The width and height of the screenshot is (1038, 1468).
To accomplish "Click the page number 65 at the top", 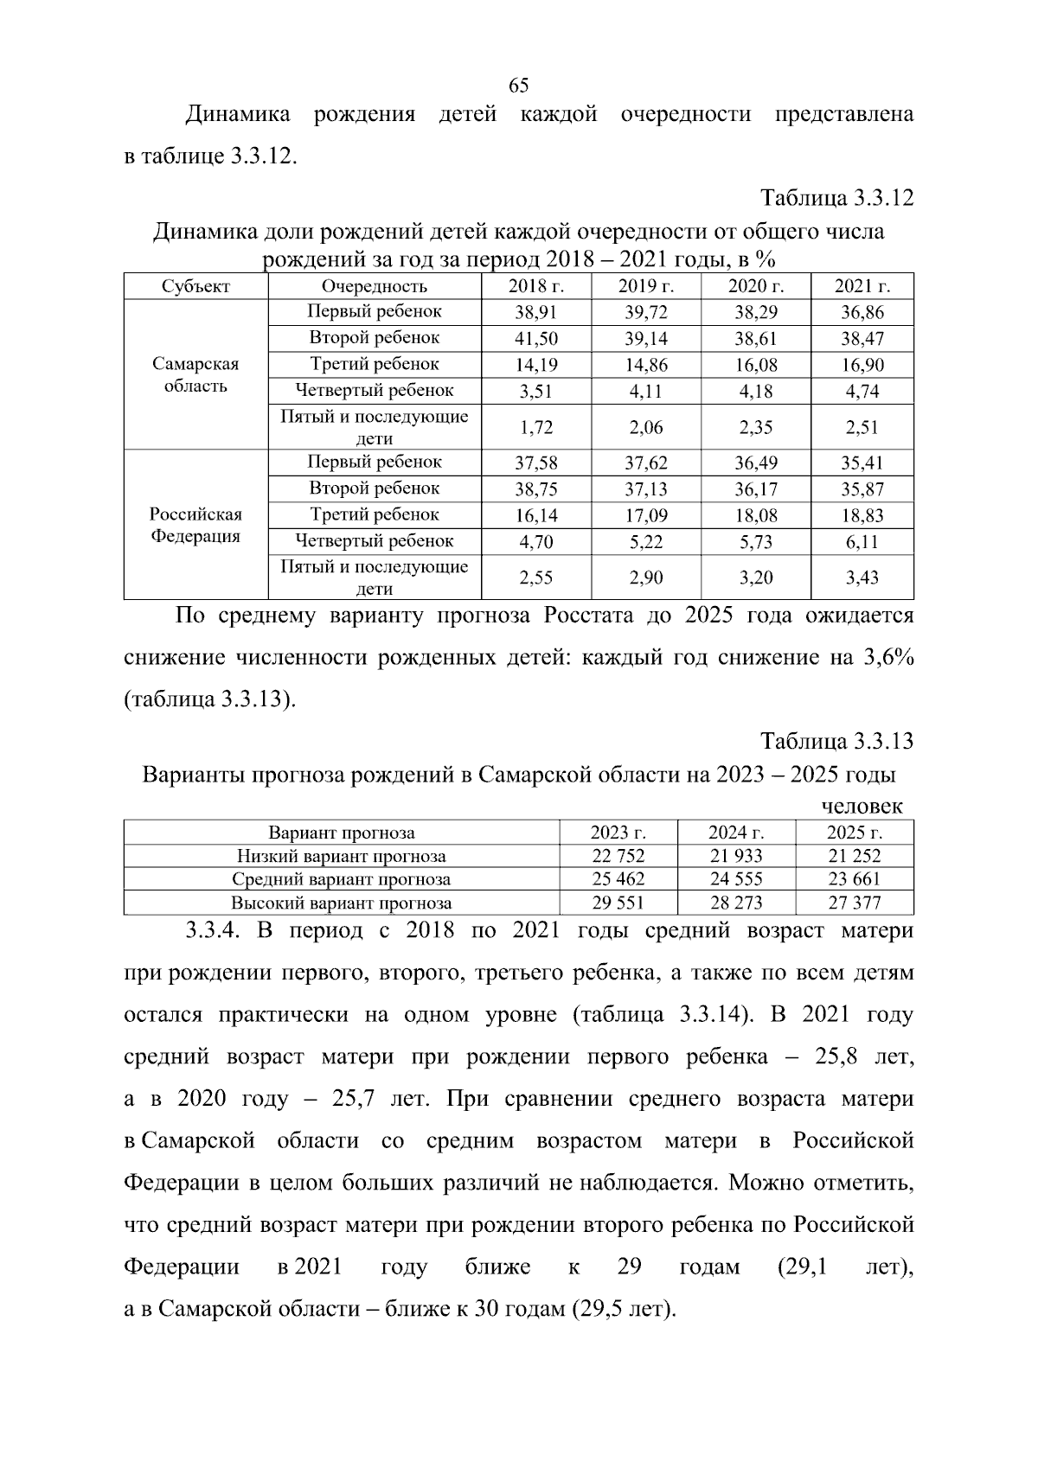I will tap(518, 86).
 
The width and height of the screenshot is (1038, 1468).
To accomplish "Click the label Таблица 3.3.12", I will tap(836, 198).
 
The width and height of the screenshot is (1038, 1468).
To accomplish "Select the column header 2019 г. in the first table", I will tap(645, 287).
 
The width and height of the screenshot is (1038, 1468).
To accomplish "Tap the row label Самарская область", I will tap(195, 374).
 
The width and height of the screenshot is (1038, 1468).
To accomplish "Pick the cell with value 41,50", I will tap(536, 339).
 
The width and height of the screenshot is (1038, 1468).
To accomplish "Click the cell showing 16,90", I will tap(862, 365).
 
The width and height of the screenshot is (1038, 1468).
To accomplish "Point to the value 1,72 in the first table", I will tap(536, 427).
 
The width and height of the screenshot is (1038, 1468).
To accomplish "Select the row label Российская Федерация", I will tap(195, 525).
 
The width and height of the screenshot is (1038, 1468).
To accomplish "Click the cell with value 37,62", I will tap(645, 463).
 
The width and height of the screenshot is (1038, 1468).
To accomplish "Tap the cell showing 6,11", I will tap(862, 542).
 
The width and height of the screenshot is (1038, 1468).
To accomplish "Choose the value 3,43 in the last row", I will tap(862, 578).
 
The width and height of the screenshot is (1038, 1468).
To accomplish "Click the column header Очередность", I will tap(374, 287).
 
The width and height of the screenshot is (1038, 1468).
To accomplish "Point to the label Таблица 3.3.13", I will tap(836, 741).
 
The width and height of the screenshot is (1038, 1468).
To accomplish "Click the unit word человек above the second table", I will tap(862, 806).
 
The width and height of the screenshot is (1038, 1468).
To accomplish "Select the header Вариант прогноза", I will tap(341, 833).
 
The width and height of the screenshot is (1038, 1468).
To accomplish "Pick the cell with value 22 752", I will tap(618, 857).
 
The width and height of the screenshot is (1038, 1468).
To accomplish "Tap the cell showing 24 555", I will tap(735, 879).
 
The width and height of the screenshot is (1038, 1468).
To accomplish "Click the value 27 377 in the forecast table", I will tap(854, 903).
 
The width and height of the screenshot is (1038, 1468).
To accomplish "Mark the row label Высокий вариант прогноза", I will tap(341, 903).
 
